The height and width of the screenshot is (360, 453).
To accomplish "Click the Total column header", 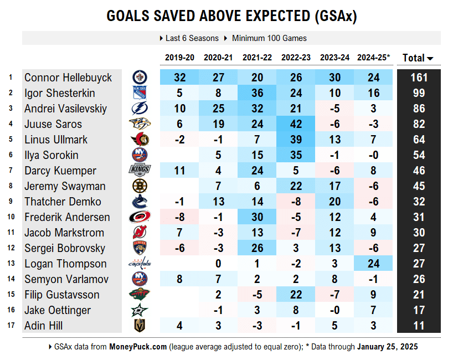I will click(418, 58).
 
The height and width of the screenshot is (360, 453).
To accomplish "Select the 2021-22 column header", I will click(256, 58).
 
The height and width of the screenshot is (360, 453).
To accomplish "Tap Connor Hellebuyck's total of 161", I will click(419, 78).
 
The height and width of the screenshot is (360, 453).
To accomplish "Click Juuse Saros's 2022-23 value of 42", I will click(295, 124).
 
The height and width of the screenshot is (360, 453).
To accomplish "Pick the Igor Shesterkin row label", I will click(60, 93).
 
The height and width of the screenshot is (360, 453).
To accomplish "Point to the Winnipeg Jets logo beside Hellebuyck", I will click(140, 78).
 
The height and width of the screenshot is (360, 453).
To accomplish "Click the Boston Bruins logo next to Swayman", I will click(140, 186).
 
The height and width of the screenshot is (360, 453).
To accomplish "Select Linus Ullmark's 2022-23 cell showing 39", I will click(295, 140).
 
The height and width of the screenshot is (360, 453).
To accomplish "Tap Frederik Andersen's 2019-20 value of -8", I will click(179, 217).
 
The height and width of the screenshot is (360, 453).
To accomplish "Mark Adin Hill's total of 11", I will click(419, 326).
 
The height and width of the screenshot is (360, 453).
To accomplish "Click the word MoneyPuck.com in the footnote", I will click(137, 347).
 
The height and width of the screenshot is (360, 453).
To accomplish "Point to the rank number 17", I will click(11, 326).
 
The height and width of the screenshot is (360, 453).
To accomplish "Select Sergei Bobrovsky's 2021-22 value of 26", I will click(256, 248).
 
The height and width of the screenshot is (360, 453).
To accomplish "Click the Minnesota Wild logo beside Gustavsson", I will click(140, 295).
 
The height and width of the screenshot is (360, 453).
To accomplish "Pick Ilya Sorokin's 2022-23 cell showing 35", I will click(295, 155).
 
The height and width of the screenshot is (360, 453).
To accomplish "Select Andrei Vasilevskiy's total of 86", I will click(419, 109).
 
